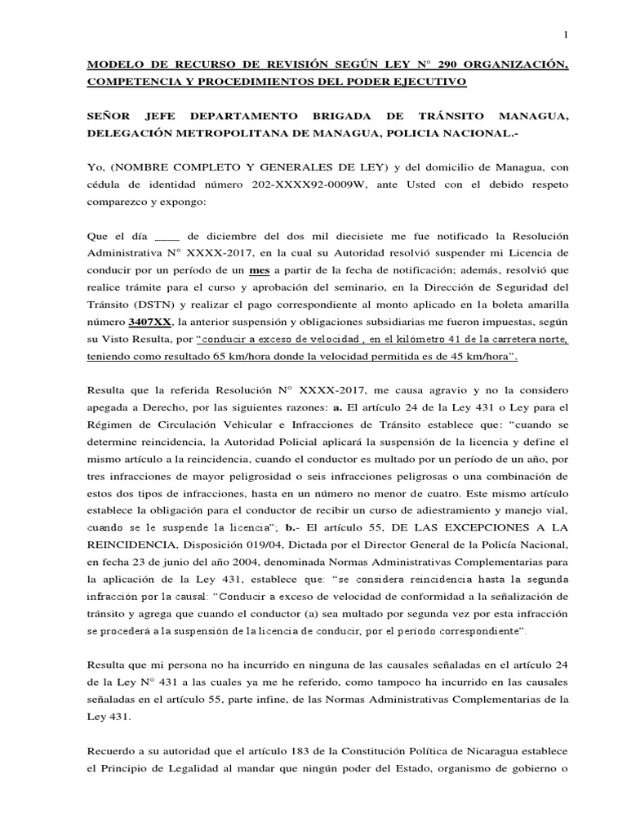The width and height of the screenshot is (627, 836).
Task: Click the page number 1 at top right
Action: pyautogui.click(x=565, y=33)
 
